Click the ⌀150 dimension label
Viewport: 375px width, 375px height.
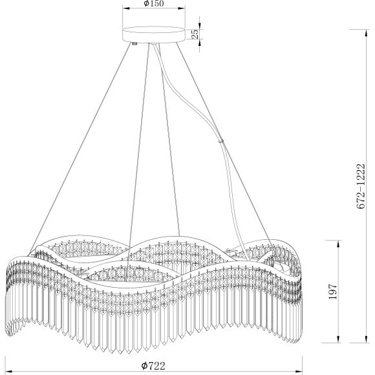[x=153, y=3]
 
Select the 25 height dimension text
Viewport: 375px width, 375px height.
[x=195, y=34]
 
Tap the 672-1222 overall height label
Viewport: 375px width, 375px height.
[x=361, y=186]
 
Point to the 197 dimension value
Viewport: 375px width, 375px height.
[x=333, y=292]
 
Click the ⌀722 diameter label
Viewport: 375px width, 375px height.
[x=153, y=366]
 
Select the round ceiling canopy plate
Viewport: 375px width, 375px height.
[x=153, y=35]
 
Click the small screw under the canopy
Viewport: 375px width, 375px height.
[x=135, y=43]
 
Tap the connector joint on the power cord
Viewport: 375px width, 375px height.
[x=221, y=141]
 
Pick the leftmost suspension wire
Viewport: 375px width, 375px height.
[x=80, y=149]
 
